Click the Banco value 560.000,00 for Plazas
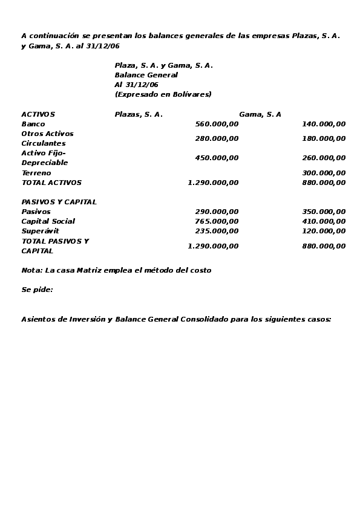217,124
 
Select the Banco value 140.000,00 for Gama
324,124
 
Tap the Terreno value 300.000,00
324,173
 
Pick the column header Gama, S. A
260,114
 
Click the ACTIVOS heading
38,114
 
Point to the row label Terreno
36,173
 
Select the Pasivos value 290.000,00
217,212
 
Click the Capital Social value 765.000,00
217,221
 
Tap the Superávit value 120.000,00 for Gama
324,231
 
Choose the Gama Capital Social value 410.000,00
324,221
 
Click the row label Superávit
40,231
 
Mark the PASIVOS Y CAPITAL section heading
59,202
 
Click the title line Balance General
146,75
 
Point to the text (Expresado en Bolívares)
163,94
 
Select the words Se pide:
37,290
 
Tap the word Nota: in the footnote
31,270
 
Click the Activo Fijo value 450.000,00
217,158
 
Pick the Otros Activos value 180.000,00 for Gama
324,138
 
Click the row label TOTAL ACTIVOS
51,183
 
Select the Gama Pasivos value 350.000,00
324,212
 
